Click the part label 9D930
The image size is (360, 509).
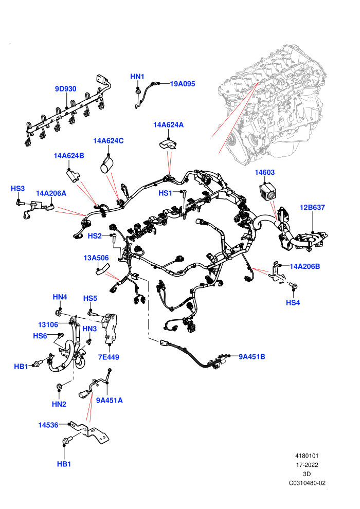click(x=66, y=89)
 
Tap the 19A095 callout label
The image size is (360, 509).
click(x=183, y=84)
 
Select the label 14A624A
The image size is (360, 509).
click(x=169, y=124)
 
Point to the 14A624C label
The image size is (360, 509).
click(x=109, y=140)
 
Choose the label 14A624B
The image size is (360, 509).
click(x=69, y=156)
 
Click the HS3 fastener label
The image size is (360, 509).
click(x=18, y=189)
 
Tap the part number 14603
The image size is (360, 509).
click(x=264, y=172)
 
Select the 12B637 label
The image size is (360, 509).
click(x=312, y=207)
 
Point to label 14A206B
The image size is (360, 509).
click(x=305, y=266)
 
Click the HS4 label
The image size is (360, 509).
click(x=293, y=302)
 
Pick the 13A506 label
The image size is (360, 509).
click(x=96, y=258)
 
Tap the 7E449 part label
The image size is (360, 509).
click(x=109, y=357)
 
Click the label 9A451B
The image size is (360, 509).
click(x=252, y=357)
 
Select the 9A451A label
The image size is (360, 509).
click(x=110, y=401)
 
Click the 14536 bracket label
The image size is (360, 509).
click(x=48, y=425)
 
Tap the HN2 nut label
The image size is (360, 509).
click(x=59, y=404)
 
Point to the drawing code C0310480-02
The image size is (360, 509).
click(x=307, y=483)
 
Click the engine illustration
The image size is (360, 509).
click(x=273, y=104)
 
